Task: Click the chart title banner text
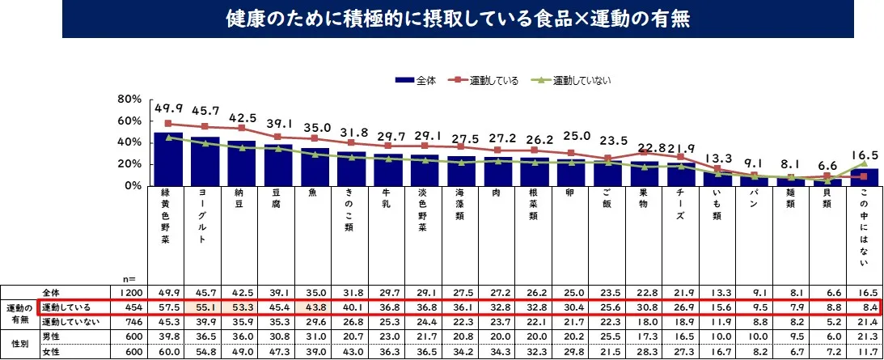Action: (x=441, y=19)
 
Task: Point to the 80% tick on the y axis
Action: (x=129, y=100)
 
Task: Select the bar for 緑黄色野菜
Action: (x=167, y=159)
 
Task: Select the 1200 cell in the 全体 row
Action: (x=131, y=291)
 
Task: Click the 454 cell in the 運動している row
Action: (x=131, y=307)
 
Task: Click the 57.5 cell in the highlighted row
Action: (x=168, y=307)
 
